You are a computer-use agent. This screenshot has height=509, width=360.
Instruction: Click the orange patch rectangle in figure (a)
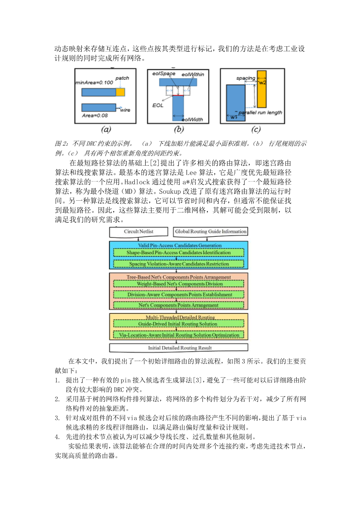[x=120, y=92]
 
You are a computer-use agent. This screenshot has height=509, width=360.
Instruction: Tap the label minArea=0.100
[x=94, y=82]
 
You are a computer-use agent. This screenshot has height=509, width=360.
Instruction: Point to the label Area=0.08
[x=95, y=115]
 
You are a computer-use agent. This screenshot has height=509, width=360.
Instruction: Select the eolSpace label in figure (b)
[x=163, y=73]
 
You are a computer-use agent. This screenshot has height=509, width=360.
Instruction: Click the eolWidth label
[x=192, y=119]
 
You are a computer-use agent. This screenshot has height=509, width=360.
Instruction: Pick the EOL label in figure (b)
[x=158, y=105]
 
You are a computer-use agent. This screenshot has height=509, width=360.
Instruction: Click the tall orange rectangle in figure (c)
[x=262, y=89]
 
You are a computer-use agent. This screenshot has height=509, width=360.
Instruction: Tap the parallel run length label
[x=260, y=112]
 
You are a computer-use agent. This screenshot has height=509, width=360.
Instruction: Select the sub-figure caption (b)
[x=178, y=129]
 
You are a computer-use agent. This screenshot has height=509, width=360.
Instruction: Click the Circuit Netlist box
[x=139, y=232]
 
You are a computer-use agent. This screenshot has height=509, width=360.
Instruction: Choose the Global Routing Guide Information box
[x=211, y=232]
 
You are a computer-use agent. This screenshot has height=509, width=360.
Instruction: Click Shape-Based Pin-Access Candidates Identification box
[x=179, y=253]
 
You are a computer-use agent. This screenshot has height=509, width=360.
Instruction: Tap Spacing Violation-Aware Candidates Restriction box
[x=179, y=264]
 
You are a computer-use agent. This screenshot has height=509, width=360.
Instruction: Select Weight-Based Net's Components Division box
[x=179, y=284]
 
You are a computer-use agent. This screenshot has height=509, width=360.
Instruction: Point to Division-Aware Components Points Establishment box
[x=179, y=295]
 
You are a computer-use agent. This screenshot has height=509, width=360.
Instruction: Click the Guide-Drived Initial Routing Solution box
[x=179, y=324]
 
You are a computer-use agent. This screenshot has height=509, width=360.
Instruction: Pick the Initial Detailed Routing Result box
[x=179, y=348]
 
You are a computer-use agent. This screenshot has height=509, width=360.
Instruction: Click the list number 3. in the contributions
[x=57, y=418]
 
